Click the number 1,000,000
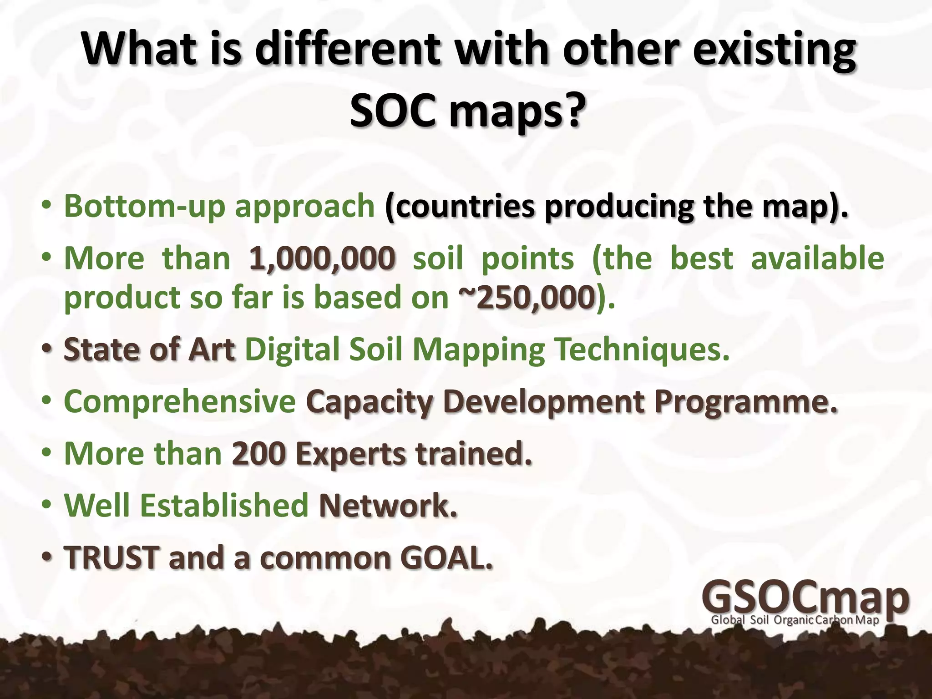[x=322, y=258]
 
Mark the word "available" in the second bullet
[x=817, y=258]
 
